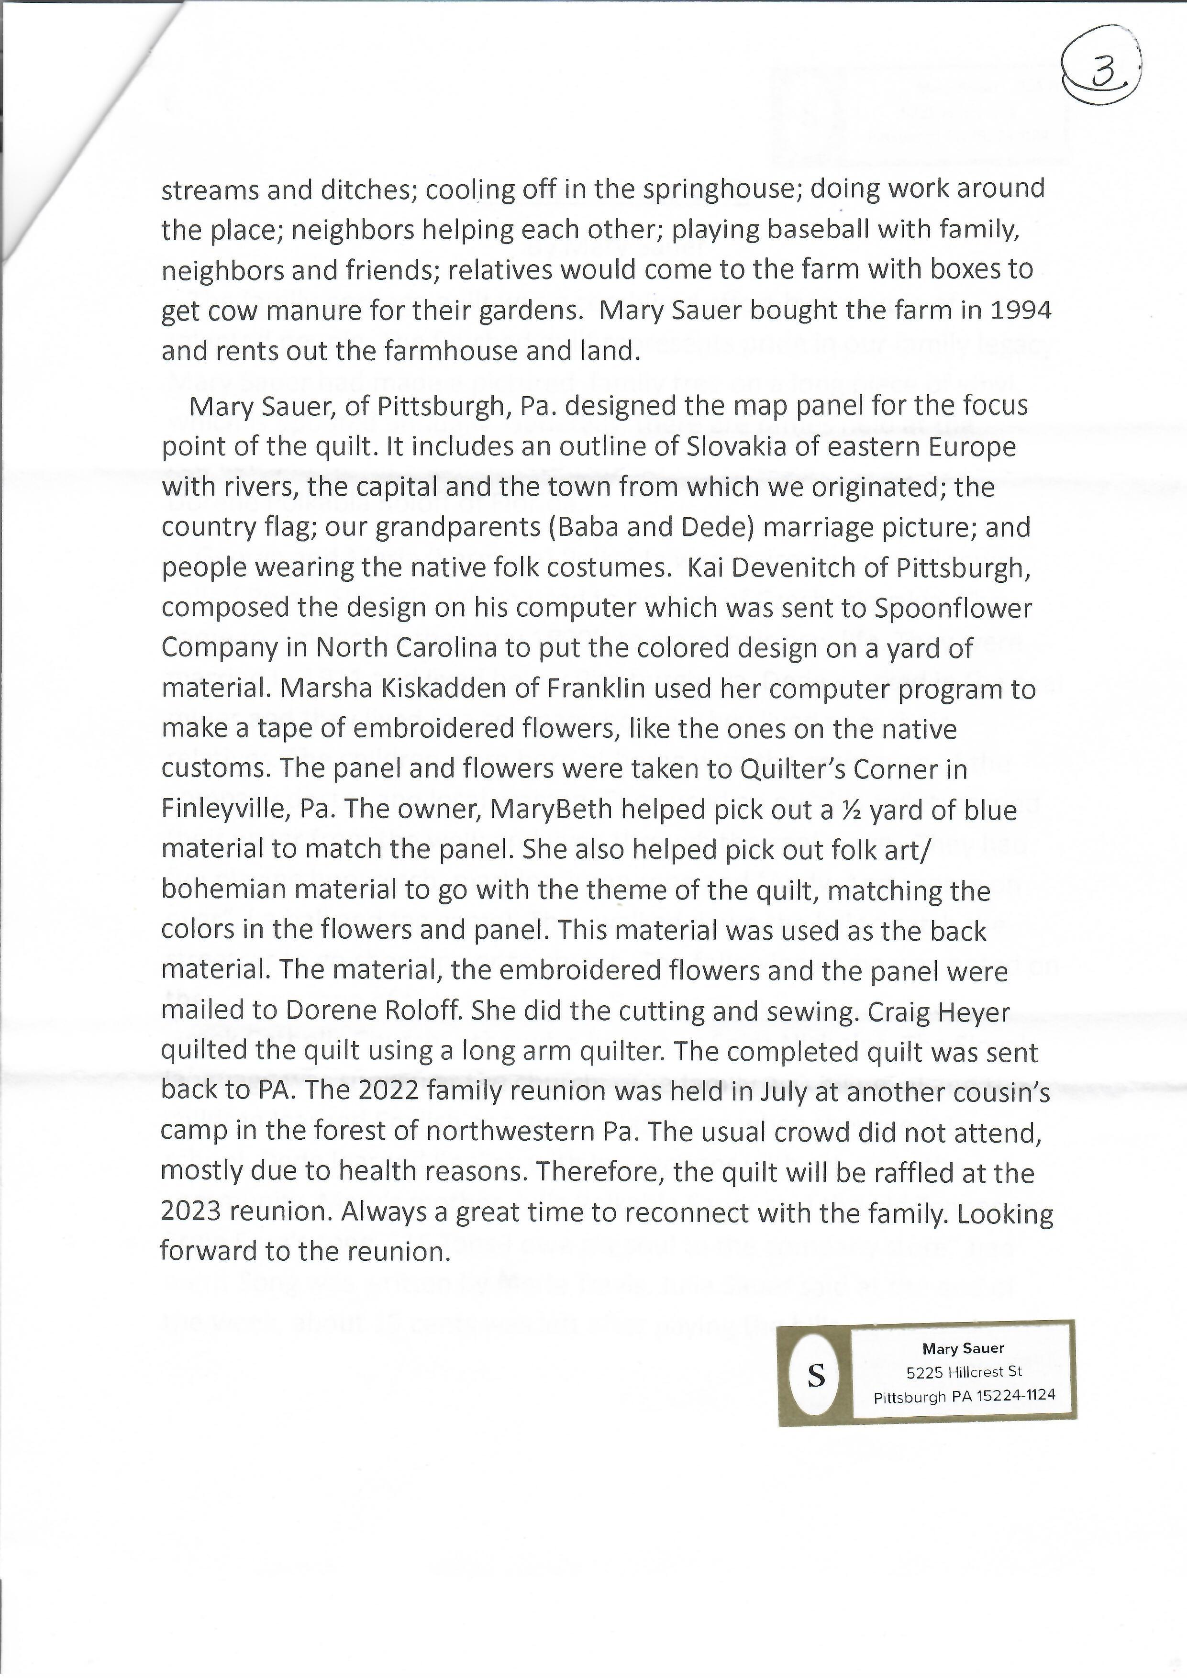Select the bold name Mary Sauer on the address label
click(963, 1348)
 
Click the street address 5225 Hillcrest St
click(964, 1372)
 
